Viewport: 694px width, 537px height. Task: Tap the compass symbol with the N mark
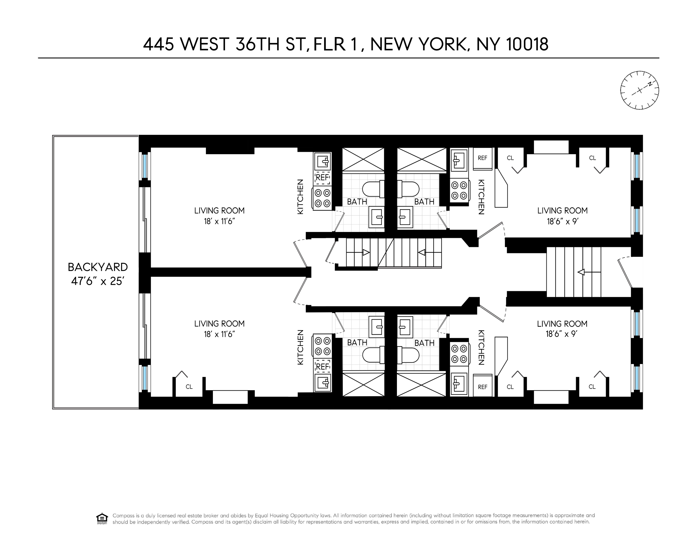[639, 90]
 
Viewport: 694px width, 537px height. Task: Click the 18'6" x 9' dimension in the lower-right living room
[562, 334]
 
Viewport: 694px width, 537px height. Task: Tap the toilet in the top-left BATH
[374, 189]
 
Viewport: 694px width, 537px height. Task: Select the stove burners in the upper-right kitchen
[460, 190]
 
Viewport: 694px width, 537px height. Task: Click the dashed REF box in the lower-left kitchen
[322, 366]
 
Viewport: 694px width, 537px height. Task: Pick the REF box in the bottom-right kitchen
[482, 387]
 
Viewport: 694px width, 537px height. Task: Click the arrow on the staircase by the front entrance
[581, 272]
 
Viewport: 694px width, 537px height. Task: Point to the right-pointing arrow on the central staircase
[366, 252]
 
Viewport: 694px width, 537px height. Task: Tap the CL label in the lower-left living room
[189, 387]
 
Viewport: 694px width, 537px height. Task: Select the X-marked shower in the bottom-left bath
[363, 385]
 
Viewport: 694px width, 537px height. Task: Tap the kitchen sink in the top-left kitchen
[322, 162]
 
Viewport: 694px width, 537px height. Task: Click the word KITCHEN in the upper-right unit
[481, 197]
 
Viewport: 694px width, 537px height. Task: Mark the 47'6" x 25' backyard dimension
[98, 281]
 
